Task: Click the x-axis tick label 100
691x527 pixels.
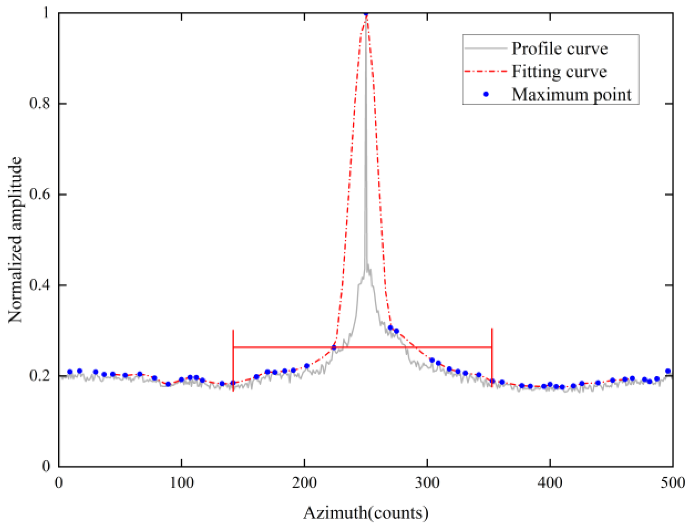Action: click(182, 483)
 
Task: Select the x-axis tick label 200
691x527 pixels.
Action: click(304, 483)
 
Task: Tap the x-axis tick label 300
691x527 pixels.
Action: click(427, 483)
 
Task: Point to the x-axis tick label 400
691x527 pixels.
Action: click(550, 483)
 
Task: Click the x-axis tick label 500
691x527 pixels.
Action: click(673, 483)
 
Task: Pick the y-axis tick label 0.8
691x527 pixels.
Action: click(39, 104)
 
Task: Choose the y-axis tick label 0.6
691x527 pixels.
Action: click(39, 194)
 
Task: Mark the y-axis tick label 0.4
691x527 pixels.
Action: click(39, 285)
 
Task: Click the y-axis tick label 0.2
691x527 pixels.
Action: click(39, 376)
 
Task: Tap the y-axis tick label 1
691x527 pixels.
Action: click(46, 13)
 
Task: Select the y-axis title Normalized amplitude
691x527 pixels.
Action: click(15, 240)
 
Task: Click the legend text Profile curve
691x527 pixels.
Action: click(559, 49)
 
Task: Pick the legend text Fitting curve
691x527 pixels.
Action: click(559, 71)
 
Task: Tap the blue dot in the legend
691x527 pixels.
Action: click(486, 94)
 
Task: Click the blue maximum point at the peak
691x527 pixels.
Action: click(366, 14)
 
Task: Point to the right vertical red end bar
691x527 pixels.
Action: click(492, 357)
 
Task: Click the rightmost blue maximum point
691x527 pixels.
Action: click(668, 371)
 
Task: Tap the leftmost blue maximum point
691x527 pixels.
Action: click(70, 372)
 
